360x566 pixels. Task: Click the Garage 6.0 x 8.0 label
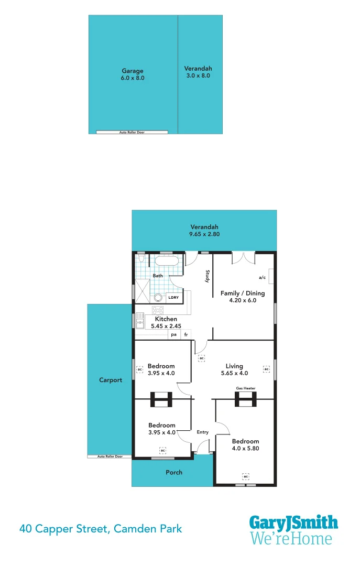pyautogui.click(x=132, y=74)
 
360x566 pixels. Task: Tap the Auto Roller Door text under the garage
pyautogui.click(x=132, y=133)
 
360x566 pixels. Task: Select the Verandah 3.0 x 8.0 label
pyautogui.click(x=198, y=72)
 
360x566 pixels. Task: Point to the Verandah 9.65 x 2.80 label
pyautogui.click(x=204, y=231)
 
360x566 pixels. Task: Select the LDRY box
pyautogui.click(x=173, y=297)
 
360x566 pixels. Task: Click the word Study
pyautogui.click(x=208, y=276)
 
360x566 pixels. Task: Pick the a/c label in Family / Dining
pyautogui.click(x=262, y=277)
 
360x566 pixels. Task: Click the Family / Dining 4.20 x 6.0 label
pyautogui.click(x=242, y=297)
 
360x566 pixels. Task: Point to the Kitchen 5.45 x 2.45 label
pyautogui.click(x=165, y=322)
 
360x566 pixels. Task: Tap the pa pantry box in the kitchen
pyautogui.click(x=173, y=334)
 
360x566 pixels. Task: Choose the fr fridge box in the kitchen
pyautogui.click(x=186, y=334)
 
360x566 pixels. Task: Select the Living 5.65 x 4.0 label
pyautogui.click(x=234, y=369)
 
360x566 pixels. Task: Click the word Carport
pyautogui.click(x=110, y=380)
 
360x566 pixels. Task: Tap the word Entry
pyautogui.click(x=203, y=432)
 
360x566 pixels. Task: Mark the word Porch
pyautogui.click(x=174, y=472)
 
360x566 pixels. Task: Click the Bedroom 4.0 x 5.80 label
pyautogui.click(x=245, y=444)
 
